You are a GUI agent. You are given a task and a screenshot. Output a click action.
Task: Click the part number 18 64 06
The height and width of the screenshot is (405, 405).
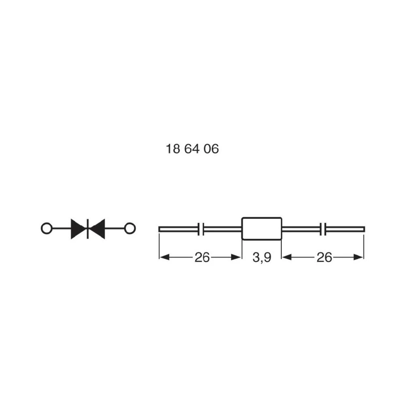click(x=192, y=149)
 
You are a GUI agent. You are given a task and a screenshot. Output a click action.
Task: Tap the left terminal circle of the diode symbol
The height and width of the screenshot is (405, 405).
click(x=47, y=228)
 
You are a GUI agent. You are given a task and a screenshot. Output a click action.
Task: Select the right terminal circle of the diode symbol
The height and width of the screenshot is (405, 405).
click(x=130, y=228)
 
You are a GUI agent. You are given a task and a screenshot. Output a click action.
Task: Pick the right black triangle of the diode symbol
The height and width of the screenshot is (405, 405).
click(x=98, y=229)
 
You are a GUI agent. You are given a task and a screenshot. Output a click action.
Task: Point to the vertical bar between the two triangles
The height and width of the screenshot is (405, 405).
click(x=87, y=229)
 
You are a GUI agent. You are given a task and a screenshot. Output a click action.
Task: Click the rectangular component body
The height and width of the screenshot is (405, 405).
click(x=262, y=229)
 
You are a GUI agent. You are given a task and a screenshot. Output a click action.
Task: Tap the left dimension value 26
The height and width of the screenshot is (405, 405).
click(x=202, y=258)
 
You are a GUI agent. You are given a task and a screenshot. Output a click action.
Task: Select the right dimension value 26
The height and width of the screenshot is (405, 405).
click(x=324, y=258)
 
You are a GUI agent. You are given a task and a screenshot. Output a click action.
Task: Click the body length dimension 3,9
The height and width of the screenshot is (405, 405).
click(x=262, y=258)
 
